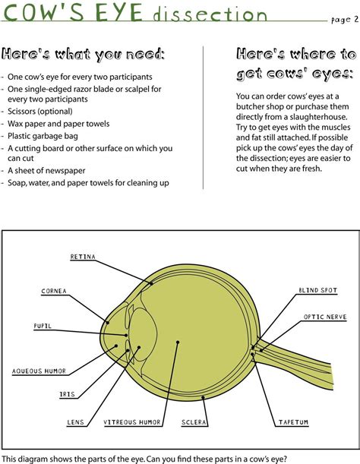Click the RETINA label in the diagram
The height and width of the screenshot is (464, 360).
click(x=83, y=257)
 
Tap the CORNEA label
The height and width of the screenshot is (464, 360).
click(x=54, y=291)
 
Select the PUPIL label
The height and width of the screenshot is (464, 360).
click(x=43, y=326)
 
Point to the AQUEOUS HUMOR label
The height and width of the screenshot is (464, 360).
click(x=39, y=371)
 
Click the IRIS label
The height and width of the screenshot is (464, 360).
click(x=67, y=395)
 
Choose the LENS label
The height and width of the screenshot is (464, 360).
click(x=76, y=422)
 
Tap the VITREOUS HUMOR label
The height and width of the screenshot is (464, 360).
click(x=132, y=422)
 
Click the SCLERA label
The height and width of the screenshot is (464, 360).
click(x=194, y=422)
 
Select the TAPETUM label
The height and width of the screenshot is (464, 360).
click(x=293, y=422)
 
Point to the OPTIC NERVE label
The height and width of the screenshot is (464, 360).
click(x=325, y=317)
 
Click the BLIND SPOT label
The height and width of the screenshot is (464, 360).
click(x=318, y=290)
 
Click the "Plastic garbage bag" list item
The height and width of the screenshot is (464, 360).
click(x=44, y=136)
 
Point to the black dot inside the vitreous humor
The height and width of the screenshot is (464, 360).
click(x=177, y=342)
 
